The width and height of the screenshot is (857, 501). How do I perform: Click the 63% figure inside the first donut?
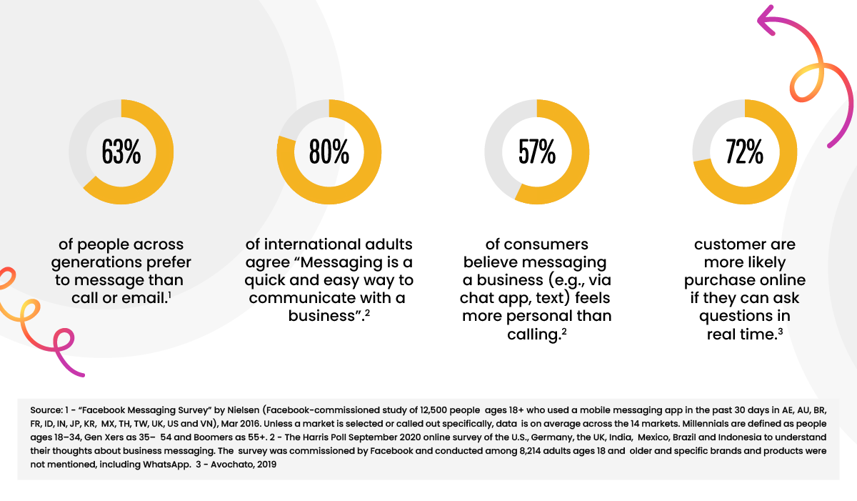(x=121, y=152)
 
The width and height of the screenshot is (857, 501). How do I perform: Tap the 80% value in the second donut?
(x=329, y=152)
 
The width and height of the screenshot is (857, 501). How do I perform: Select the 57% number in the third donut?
(x=537, y=152)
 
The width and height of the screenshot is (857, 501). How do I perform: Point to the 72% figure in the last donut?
(x=744, y=152)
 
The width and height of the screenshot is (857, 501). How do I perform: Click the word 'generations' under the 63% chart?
(x=96, y=263)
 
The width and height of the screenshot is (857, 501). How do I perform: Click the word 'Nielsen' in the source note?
(x=244, y=410)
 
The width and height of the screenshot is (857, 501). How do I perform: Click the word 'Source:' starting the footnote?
(x=46, y=410)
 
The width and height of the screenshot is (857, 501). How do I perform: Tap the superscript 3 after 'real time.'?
(x=781, y=332)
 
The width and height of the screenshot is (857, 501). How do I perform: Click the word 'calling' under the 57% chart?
(x=533, y=335)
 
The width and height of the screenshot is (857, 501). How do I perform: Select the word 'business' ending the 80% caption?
(x=322, y=316)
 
